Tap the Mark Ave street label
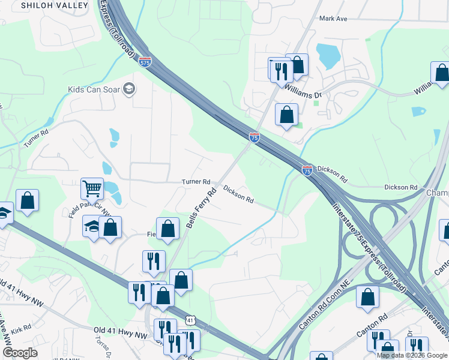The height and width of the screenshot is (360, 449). [334, 19]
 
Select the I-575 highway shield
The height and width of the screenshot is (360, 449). [145, 62]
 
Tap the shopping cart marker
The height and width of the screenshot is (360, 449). [92, 188]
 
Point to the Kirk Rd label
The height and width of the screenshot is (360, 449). [21, 329]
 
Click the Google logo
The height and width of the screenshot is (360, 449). [20, 353]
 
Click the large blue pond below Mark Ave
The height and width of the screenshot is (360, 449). [328, 56]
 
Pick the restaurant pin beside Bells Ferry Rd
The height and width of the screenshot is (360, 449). [154, 261]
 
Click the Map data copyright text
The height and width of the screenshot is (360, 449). [412, 355]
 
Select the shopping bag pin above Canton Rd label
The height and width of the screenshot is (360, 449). [367, 297]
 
